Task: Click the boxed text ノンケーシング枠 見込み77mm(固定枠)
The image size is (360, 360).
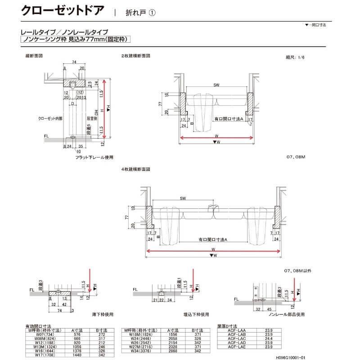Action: [x=76, y=40]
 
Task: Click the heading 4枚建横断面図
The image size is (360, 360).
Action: [x=135, y=170]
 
